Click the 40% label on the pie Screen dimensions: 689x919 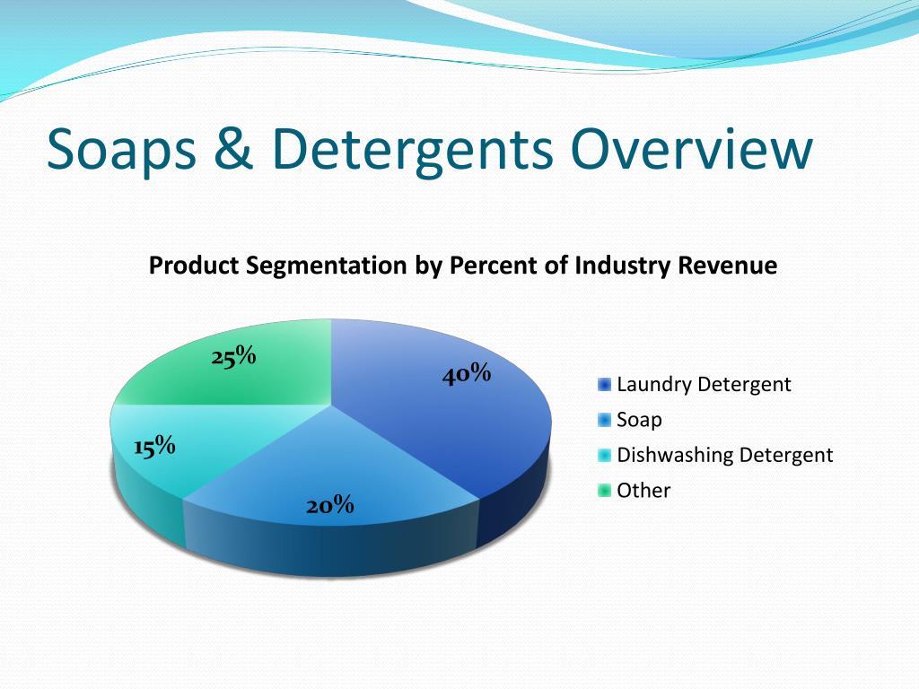466,374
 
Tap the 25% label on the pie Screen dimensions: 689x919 234,357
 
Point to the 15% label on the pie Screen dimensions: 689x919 154,446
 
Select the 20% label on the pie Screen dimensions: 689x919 330,506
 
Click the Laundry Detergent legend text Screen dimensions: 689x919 704,385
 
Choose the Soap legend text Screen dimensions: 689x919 639,420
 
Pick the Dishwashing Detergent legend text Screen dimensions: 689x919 724,455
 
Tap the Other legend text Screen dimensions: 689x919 643,490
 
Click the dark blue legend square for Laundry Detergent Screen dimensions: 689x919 604,385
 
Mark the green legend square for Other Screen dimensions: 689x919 604,490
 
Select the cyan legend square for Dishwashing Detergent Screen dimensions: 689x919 604,455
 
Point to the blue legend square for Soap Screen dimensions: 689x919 604,420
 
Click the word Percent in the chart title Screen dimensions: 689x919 496,266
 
